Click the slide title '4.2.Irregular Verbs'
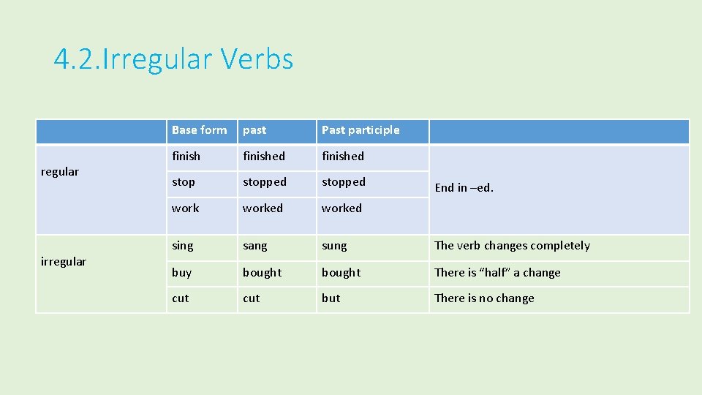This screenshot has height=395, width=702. pos(173,59)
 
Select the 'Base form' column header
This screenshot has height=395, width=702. pos(199,130)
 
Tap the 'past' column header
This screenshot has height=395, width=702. pos(254,130)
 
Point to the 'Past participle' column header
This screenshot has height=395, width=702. pos(361,130)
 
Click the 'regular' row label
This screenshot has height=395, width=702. pos(60,172)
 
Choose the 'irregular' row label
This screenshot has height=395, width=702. pos(64,261)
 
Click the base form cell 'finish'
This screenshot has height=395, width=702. pos(186,156)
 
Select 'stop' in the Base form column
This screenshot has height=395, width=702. pos(184,182)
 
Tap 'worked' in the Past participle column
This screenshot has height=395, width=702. pos(341,208)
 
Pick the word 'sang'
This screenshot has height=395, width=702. pos(255,246)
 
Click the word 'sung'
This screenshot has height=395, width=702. pos(334,246)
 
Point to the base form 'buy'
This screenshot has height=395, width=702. pos(181,273)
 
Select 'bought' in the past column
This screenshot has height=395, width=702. pos(262,273)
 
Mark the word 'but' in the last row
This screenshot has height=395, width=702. pos(331,298)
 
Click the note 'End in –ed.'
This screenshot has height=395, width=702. pos(464,188)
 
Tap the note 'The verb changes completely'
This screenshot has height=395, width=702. pos(512,246)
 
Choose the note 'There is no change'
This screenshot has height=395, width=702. pos(484,298)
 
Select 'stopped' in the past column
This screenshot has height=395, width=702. pos(265,182)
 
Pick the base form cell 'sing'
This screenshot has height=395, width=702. pos(183,246)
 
